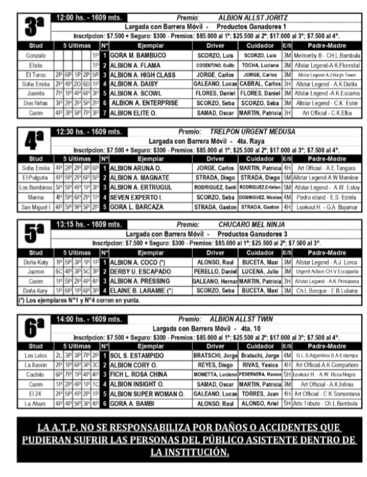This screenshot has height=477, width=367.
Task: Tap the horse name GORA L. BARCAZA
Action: point(137,206)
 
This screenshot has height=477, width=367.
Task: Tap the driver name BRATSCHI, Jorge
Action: point(215,355)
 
